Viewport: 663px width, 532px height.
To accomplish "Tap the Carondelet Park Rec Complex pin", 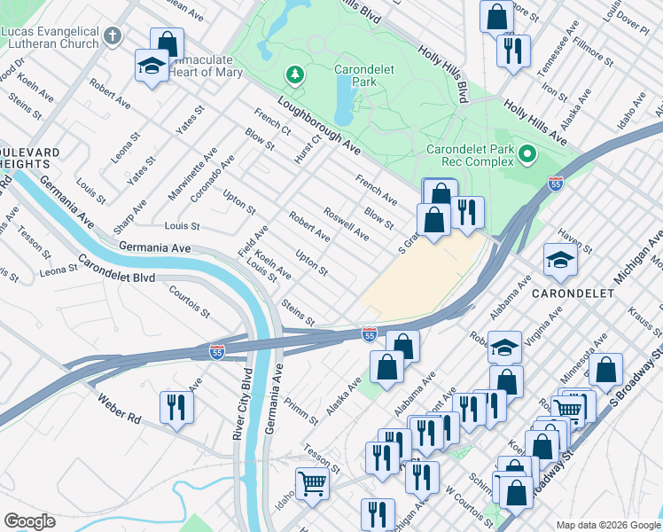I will tap(527, 155).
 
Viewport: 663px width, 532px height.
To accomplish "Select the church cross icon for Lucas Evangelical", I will tap(112, 36).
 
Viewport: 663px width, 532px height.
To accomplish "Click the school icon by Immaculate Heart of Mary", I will tap(152, 65).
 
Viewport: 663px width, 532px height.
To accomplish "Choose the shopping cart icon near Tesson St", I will tap(311, 484).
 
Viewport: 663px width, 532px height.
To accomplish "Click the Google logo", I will tap(29, 521).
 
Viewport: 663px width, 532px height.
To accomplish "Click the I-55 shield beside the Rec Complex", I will tap(555, 184).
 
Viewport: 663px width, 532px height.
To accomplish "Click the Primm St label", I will tap(295, 411).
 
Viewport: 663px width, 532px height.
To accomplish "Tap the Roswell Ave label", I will tap(347, 225).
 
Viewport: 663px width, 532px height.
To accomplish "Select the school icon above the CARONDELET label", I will tap(560, 260).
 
